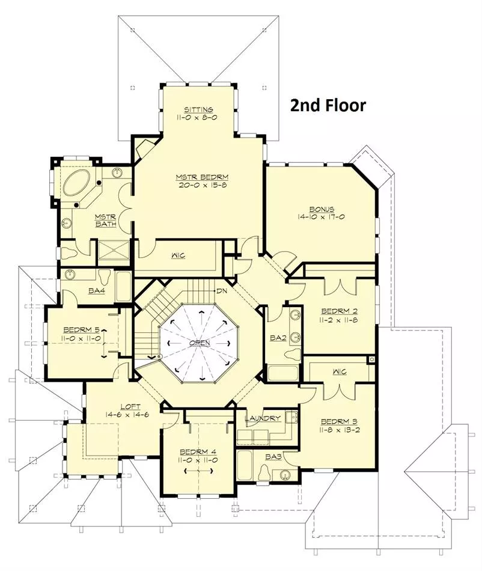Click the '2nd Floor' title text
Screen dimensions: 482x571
click(x=328, y=105)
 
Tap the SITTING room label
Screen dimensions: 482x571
click(x=198, y=109)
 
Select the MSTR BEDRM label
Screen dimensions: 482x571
click(x=202, y=177)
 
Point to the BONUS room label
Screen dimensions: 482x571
click(x=322, y=209)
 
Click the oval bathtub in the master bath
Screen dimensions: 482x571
click(x=76, y=183)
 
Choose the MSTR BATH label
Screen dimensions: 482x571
click(x=106, y=221)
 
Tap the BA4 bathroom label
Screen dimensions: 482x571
click(x=97, y=291)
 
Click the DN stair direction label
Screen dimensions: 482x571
click(x=222, y=292)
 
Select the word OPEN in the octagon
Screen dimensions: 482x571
click(x=200, y=343)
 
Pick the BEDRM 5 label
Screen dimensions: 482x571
click(x=82, y=330)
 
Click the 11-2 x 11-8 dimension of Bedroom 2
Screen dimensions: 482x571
click(x=340, y=320)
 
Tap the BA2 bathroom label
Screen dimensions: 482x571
click(x=278, y=338)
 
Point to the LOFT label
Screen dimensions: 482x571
click(x=130, y=407)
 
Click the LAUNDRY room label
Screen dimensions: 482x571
click(x=263, y=418)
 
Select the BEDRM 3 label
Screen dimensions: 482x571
click(x=339, y=422)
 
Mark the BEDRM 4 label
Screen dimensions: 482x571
click(x=198, y=452)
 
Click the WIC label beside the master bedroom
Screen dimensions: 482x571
click(x=178, y=255)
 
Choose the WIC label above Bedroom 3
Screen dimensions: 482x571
click(x=340, y=372)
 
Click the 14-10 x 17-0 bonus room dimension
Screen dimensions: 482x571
click(x=321, y=217)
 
